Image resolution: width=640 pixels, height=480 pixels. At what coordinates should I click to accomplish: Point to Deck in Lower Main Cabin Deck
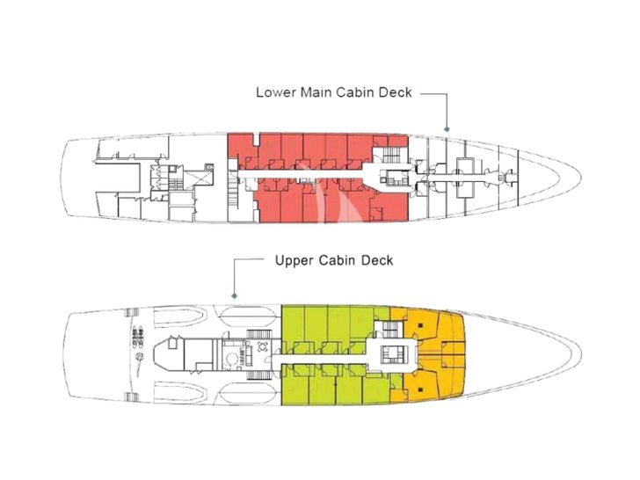[396, 92]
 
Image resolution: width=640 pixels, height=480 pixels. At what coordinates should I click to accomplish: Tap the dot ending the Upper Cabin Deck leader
[235, 296]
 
